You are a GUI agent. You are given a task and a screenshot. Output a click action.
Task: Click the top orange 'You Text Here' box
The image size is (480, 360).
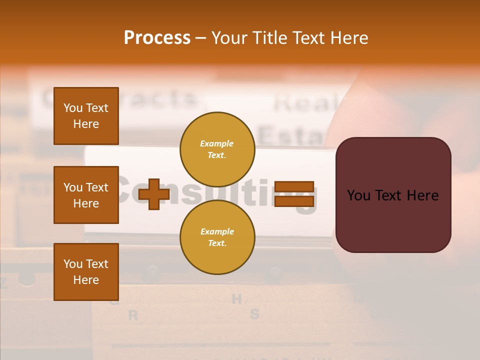click(x=86, y=116)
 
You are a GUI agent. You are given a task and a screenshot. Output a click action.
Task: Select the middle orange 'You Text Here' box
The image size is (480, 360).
click(x=86, y=195)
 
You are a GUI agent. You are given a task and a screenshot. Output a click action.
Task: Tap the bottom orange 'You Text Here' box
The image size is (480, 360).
click(x=86, y=272)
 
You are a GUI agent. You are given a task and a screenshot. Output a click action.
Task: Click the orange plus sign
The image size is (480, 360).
click(x=154, y=194)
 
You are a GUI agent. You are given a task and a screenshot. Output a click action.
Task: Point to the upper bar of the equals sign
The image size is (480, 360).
click(x=294, y=187)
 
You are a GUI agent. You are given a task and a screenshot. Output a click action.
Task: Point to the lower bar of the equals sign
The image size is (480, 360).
click(x=294, y=201)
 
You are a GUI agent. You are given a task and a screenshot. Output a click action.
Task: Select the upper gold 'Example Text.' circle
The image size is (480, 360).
click(x=217, y=149)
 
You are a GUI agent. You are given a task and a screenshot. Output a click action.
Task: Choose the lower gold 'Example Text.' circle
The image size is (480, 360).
click(x=217, y=237)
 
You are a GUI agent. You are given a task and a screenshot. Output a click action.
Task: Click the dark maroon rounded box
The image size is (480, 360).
click(x=393, y=195)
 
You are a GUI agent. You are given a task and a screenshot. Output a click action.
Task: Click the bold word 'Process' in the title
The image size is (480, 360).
click(x=157, y=37)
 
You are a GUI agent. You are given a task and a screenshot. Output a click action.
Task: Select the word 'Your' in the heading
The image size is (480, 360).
click(x=229, y=37)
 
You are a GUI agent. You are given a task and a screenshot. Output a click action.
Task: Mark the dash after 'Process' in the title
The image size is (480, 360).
click(x=200, y=38)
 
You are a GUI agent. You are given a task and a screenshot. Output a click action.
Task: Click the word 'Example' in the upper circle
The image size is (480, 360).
click(x=217, y=144)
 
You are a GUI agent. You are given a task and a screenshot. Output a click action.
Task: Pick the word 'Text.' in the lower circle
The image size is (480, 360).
click(x=217, y=243)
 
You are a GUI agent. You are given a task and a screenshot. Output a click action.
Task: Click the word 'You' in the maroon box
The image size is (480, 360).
click(x=359, y=195)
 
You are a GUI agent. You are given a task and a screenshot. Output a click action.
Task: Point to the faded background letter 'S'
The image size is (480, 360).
click(x=254, y=314)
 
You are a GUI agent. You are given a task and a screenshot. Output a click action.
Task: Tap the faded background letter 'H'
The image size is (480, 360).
click(x=237, y=299)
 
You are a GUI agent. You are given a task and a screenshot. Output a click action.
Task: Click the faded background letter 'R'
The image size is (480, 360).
click(x=133, y=315)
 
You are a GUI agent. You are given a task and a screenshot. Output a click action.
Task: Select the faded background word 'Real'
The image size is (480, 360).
click(x=302, y=103)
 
